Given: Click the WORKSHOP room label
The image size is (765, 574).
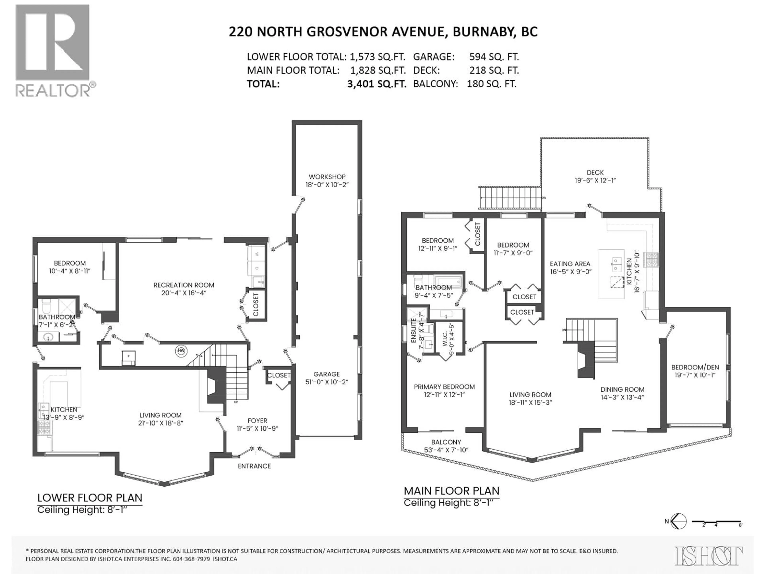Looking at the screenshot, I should tap(327, 176).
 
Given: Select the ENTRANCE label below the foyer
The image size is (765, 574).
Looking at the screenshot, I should tap(254, 466).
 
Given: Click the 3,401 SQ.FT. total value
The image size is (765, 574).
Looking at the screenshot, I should tap(377, 84).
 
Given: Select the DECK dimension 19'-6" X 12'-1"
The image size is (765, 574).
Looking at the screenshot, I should tap(595, 180).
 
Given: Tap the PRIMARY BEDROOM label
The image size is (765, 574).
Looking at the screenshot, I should tap(444, 387).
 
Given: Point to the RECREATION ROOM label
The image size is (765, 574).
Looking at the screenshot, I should tap(184, 285).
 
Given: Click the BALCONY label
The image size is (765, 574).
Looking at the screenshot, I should tap(446, 442).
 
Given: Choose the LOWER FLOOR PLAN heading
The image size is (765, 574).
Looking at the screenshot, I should tap(90, 498).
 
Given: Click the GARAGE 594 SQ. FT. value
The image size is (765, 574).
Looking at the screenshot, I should tap(494, 57).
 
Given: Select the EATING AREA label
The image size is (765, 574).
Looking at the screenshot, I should tap(570, 264).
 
